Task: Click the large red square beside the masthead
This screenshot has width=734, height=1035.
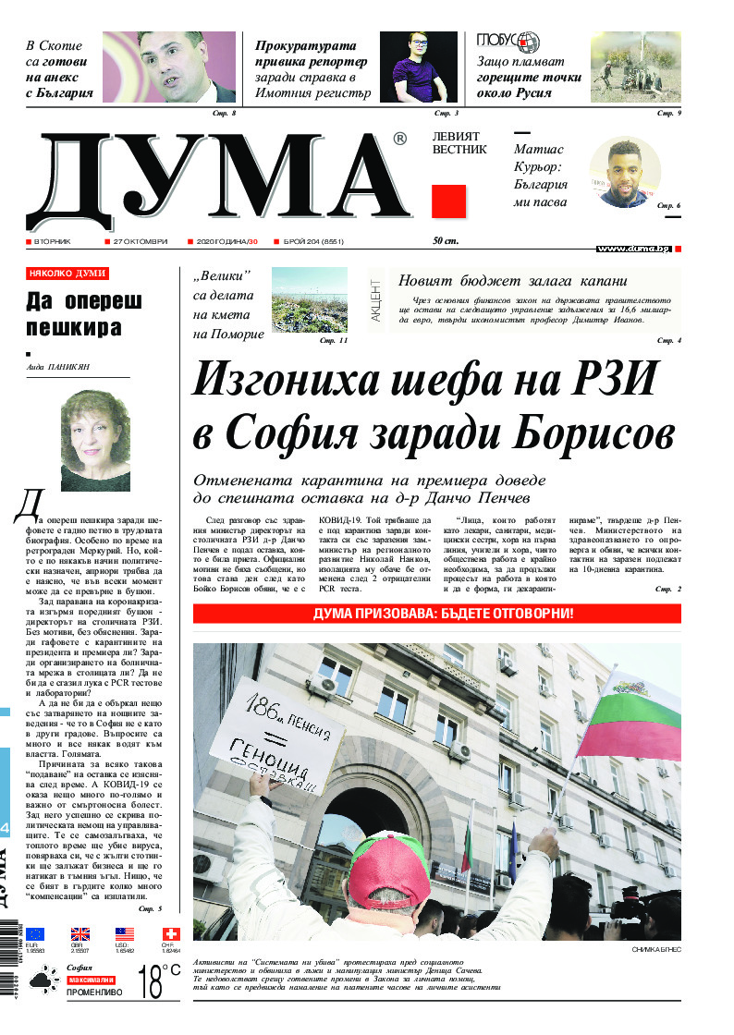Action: (x=448, y=201)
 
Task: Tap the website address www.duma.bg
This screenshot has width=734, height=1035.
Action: (x=633, y=249)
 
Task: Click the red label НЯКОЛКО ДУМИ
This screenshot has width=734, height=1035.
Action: (x=67, y=274)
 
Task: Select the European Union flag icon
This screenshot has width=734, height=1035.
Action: (x=36, y=933)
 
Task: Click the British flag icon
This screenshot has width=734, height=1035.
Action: (x=81, y=933)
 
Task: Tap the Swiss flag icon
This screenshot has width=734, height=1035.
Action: (x=170, y=933)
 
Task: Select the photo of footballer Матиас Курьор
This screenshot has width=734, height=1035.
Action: (x=624, y=172)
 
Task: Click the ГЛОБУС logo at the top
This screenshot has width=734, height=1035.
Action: (x=508, y=43)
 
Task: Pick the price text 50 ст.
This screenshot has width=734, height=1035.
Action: (x=446, y=241)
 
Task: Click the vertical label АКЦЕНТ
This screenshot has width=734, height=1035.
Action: (x=376, y=301)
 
